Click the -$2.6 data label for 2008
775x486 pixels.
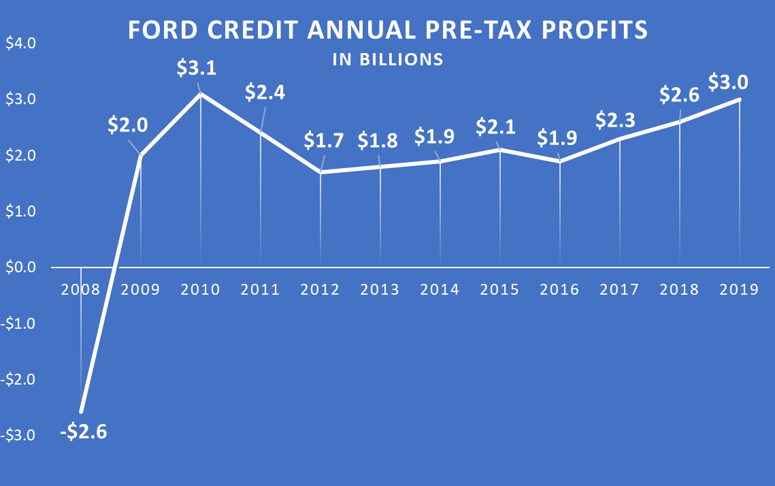click(x=83, y=432)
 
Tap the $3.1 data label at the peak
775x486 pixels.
click(x=198, y=68)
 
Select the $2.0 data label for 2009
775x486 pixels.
click(x=129, y=125)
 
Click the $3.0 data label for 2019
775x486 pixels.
click(x=728, y=82)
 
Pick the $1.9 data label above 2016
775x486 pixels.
click(x=559, y=137)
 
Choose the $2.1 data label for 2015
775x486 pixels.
click(x=497, y=126)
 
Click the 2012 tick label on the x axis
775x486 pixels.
click(x=320, y=290)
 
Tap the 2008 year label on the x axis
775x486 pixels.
click(x=81, y=290)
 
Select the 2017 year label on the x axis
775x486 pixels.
click(x=619, y=290)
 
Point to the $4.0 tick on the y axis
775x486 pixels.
click(x=22, y=44)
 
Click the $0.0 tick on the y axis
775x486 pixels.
click(x=22, y=268)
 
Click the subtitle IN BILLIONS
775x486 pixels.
click(x=388, y=60)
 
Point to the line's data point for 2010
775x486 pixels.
click(x=201, y=93)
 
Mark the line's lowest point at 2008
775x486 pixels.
click(x=82, y=412)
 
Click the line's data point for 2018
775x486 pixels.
click(x=680, y=122)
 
